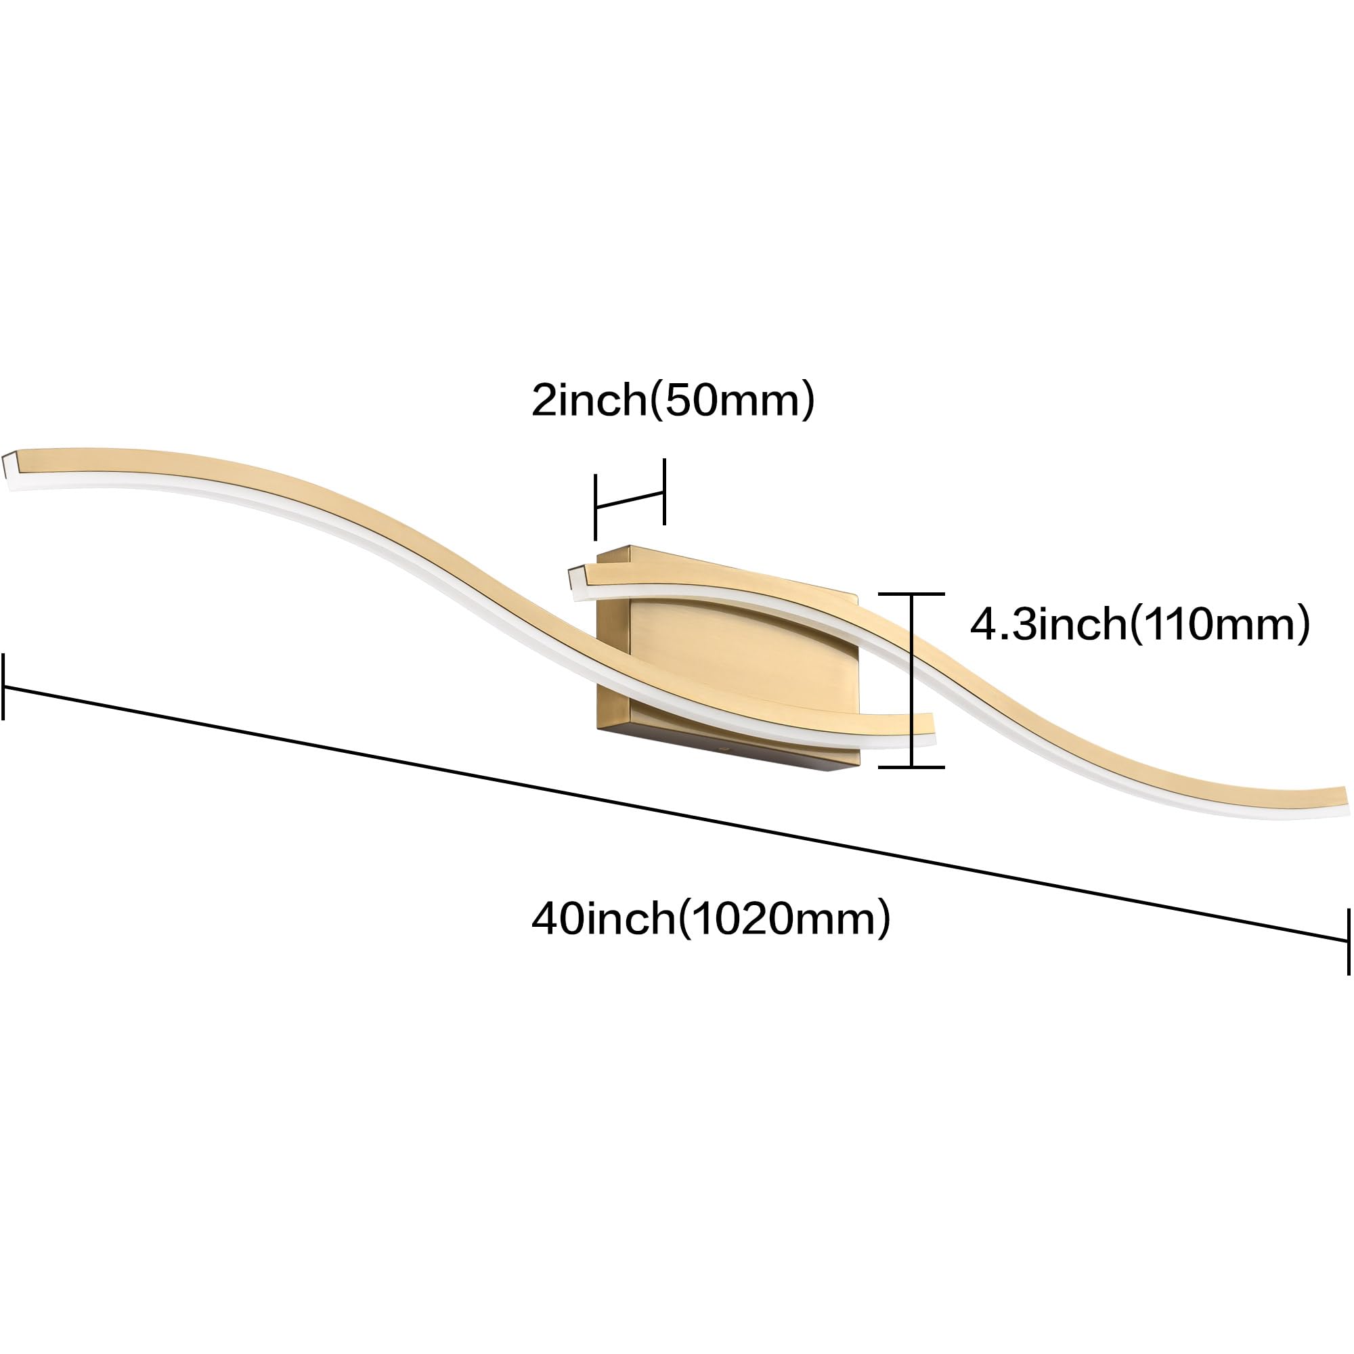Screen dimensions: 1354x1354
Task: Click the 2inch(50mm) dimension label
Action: pyautogui.click(x=673, y=400)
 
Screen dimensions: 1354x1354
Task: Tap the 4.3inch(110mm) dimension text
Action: pyautogui.click(x=1139, y=624)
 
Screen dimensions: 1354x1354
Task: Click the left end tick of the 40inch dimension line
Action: pyautogui.click(x=3, y=686)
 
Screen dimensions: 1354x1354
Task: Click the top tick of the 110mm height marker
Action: pyautogui.click(x=911, y=594)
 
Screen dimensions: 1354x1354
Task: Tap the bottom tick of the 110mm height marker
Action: pyautogui.click(x=911, y=767)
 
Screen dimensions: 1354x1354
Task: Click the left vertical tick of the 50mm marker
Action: pyautogui.click(x=595, y=506)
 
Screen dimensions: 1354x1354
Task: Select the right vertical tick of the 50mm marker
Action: pyautogui.click(x=664, y=492)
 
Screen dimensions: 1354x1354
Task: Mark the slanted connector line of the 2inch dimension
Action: pyautogui.click(x=630, y=499)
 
